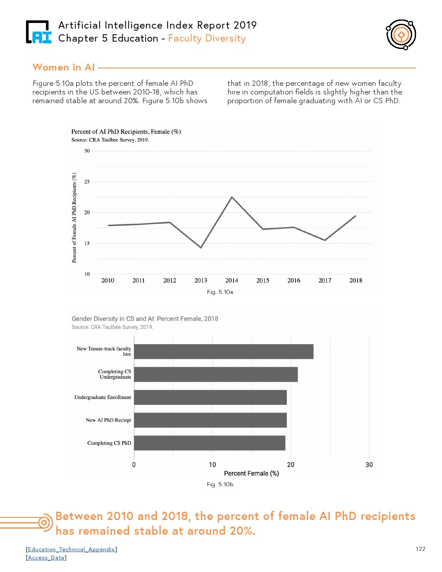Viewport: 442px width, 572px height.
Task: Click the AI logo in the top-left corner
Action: (39, 32)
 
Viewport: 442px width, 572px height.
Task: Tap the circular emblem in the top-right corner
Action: (401, 35)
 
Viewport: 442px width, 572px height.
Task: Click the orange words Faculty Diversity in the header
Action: (207, 39)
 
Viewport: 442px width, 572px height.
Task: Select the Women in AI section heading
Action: (64, 68)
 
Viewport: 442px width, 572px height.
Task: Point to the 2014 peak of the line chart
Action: (232, 197)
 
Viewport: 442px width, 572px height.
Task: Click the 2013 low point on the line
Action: (201, 247)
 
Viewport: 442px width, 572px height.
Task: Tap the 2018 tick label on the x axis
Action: (356, 280)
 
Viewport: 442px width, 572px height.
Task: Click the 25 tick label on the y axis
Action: (87, 182)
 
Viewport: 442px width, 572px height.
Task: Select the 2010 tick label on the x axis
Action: (107, 280)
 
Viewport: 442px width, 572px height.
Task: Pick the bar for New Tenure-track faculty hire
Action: (223, 351)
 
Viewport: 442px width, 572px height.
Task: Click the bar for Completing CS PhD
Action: (209, 443)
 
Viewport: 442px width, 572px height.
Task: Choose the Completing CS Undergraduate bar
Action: (215, 374)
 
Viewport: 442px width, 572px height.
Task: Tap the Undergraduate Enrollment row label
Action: (103, 397)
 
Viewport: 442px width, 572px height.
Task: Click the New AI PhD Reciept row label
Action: (108, 420)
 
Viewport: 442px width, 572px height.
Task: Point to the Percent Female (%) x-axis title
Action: (251, 473)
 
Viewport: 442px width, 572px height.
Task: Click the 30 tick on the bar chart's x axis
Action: (369, 465)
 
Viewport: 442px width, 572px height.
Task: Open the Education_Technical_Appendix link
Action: (71, 549)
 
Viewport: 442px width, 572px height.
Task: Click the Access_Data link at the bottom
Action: (46, 558)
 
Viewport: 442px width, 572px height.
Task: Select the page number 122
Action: (420, 549)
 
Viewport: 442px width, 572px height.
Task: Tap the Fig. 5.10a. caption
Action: (221, 292)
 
